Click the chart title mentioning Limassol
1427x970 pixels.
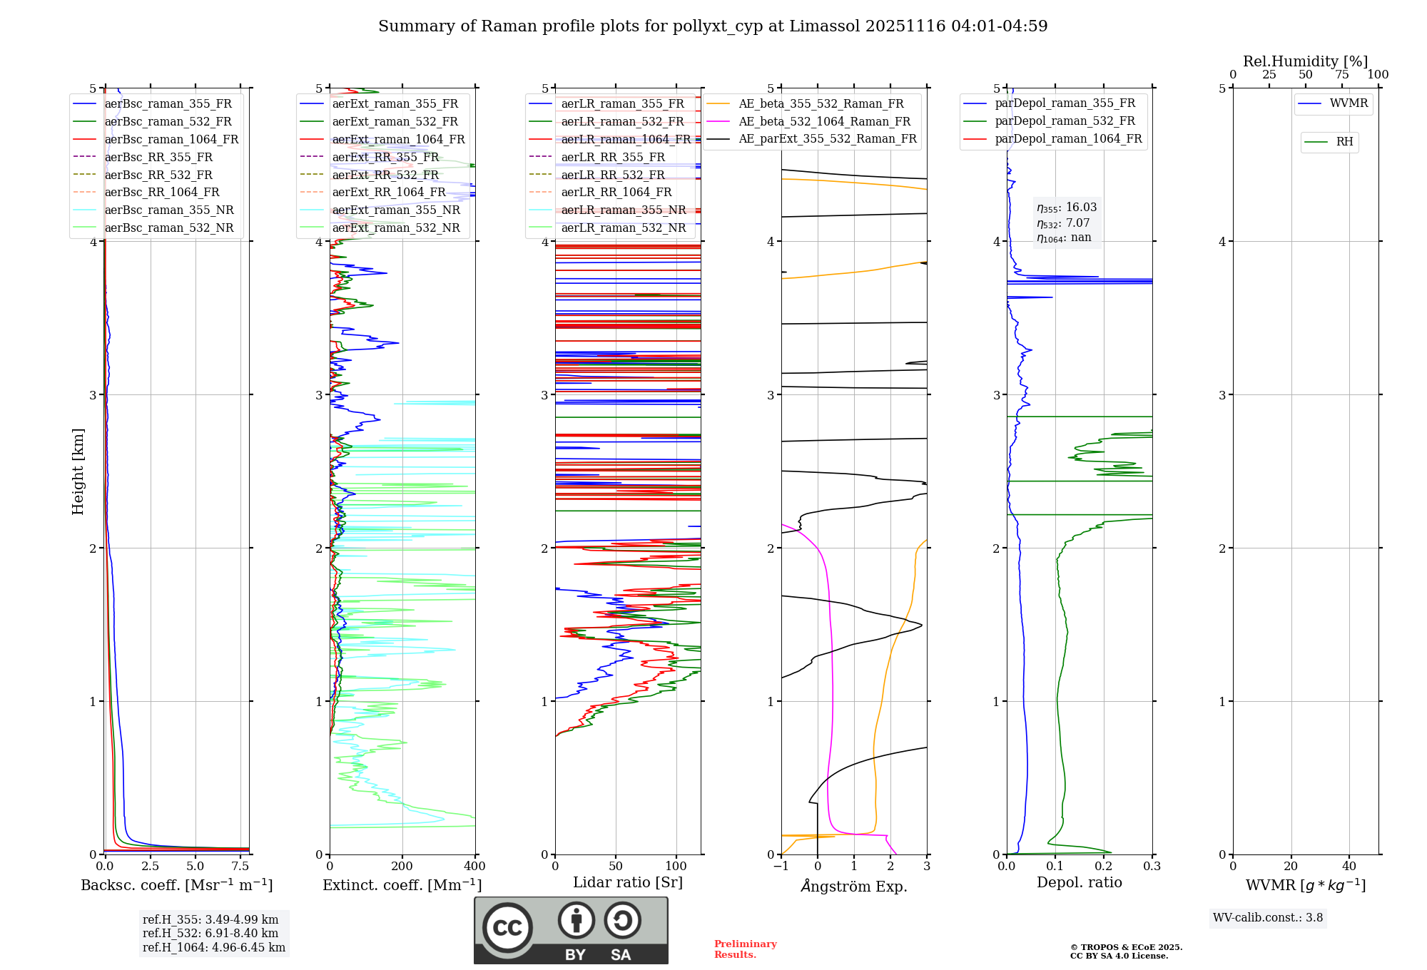[713, 26]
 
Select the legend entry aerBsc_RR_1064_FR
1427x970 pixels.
[162, 193]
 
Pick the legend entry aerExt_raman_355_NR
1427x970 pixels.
[396, 210]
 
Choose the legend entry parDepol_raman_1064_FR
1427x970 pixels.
[1068, 139]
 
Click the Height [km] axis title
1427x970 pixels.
[78, 471]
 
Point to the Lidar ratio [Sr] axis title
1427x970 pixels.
[628, 883]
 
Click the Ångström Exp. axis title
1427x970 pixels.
[854, 887]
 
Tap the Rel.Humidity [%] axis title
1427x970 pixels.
[1305, 61]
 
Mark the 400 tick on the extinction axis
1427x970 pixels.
[475, 867]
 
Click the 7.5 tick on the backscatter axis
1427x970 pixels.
[240, 867]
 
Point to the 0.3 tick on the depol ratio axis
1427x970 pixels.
[1152, 867]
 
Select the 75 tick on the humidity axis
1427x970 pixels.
[1342, 75]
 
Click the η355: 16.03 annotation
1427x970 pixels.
[1067, 208]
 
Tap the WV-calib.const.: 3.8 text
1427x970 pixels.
[1268, 918]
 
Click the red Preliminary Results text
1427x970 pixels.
[745, 949]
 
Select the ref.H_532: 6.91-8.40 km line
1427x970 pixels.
[210, 934]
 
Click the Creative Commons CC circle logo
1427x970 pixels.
[507, 928]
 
